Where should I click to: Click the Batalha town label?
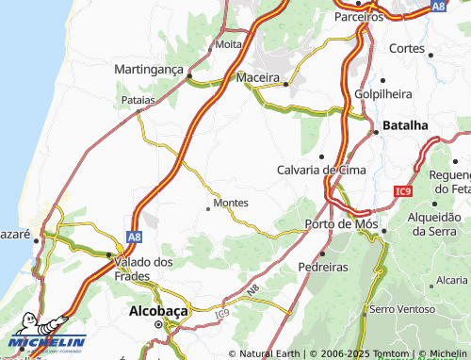point(406,124)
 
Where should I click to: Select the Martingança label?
point(149,70)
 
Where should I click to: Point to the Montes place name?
point(231,203)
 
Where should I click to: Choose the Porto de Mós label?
point(341,224)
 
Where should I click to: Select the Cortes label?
point(406,48)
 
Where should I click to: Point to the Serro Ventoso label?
point(402,309)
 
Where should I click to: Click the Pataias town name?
point(138,98)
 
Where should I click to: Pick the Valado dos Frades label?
point(142,269)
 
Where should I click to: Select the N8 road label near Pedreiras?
point(252,286)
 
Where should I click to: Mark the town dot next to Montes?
point(208,208)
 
